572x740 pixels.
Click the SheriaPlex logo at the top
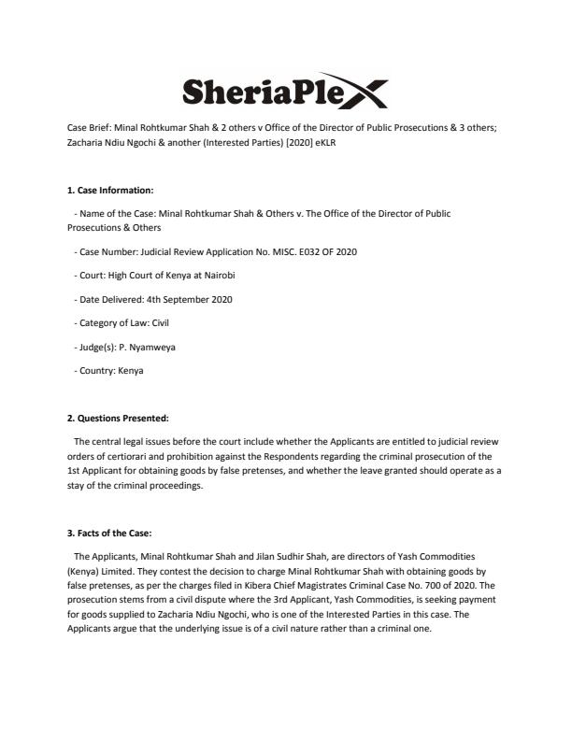click(x=285, y=92)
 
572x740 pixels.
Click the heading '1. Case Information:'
click(x=107, y=190)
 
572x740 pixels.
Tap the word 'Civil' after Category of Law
click(x=154, y=323)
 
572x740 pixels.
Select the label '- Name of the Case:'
click(x=115, y=213)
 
